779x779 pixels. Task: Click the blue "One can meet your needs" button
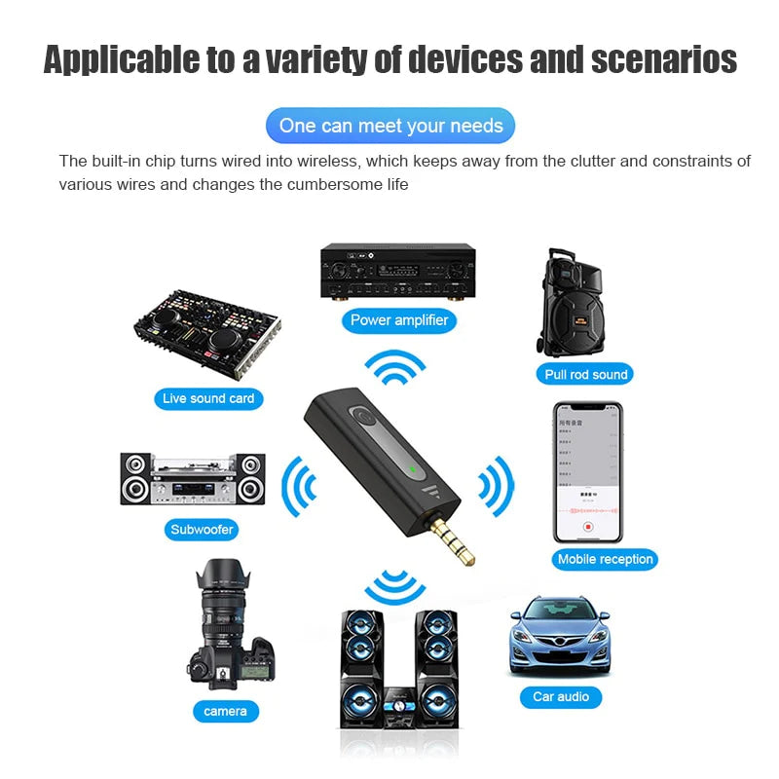tap(389, 126)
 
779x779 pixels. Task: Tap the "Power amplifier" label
tap(399, 319)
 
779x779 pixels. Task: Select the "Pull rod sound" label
tap(585, 374)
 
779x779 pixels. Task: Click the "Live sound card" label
tap(208, 398)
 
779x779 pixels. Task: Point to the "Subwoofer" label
tap(203, 531)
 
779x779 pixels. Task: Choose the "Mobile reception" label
tap(605, 559)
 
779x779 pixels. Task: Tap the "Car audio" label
tap(561, 696)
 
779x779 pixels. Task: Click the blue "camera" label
tap(225, 711)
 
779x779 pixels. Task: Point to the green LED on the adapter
tap(414, 471)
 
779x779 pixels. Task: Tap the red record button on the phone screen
tap(587, 526)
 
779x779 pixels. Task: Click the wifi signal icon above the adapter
tap(395, 367)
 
